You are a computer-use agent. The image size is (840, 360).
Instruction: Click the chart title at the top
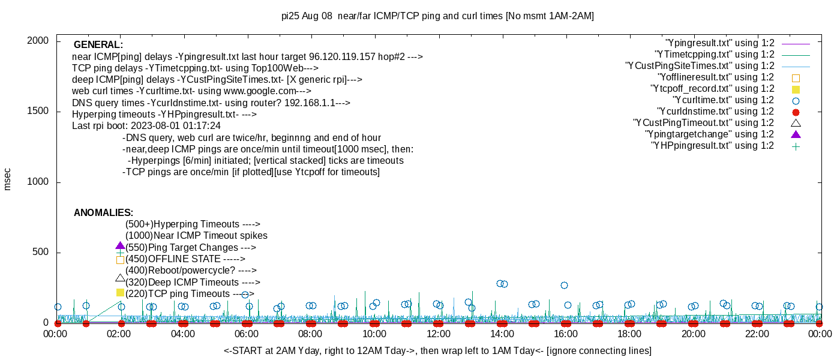(x=437, y=16)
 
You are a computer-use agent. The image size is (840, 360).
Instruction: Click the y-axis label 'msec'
(x=8, y=179)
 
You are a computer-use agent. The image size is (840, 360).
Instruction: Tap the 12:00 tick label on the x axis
(x=438, y=334)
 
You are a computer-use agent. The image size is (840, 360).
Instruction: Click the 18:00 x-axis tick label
(x=629, y=334)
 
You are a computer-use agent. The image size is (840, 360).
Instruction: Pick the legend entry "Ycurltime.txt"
(x=723, y=100)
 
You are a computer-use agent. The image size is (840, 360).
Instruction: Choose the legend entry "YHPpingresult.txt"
(x=712, y=146)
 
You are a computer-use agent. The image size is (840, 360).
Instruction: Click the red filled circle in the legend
(x=796, y=112)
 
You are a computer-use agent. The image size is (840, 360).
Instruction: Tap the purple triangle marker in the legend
(x=796, y=134)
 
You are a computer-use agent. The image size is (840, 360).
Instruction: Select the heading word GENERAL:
(x=98, y=45)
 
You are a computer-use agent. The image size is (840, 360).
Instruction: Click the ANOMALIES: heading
(x=103, y=213)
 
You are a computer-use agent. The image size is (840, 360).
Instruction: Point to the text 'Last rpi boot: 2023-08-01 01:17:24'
(x=146, y=127)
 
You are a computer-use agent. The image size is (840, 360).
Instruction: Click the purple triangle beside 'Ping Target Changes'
(x=120, y=246)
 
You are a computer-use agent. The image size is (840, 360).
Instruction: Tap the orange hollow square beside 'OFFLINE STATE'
(x=120, y=260)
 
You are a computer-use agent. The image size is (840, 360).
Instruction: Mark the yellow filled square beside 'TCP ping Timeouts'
(x=120, y=292)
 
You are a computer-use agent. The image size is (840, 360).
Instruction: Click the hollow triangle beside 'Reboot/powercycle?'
(x=120, y=278)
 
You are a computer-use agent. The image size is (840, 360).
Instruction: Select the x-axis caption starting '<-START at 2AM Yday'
(x=437, y=350)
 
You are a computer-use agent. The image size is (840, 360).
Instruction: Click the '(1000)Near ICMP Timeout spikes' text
(x=196, y=236)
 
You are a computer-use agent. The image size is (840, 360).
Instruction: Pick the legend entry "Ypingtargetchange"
(x=710, y=134)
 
